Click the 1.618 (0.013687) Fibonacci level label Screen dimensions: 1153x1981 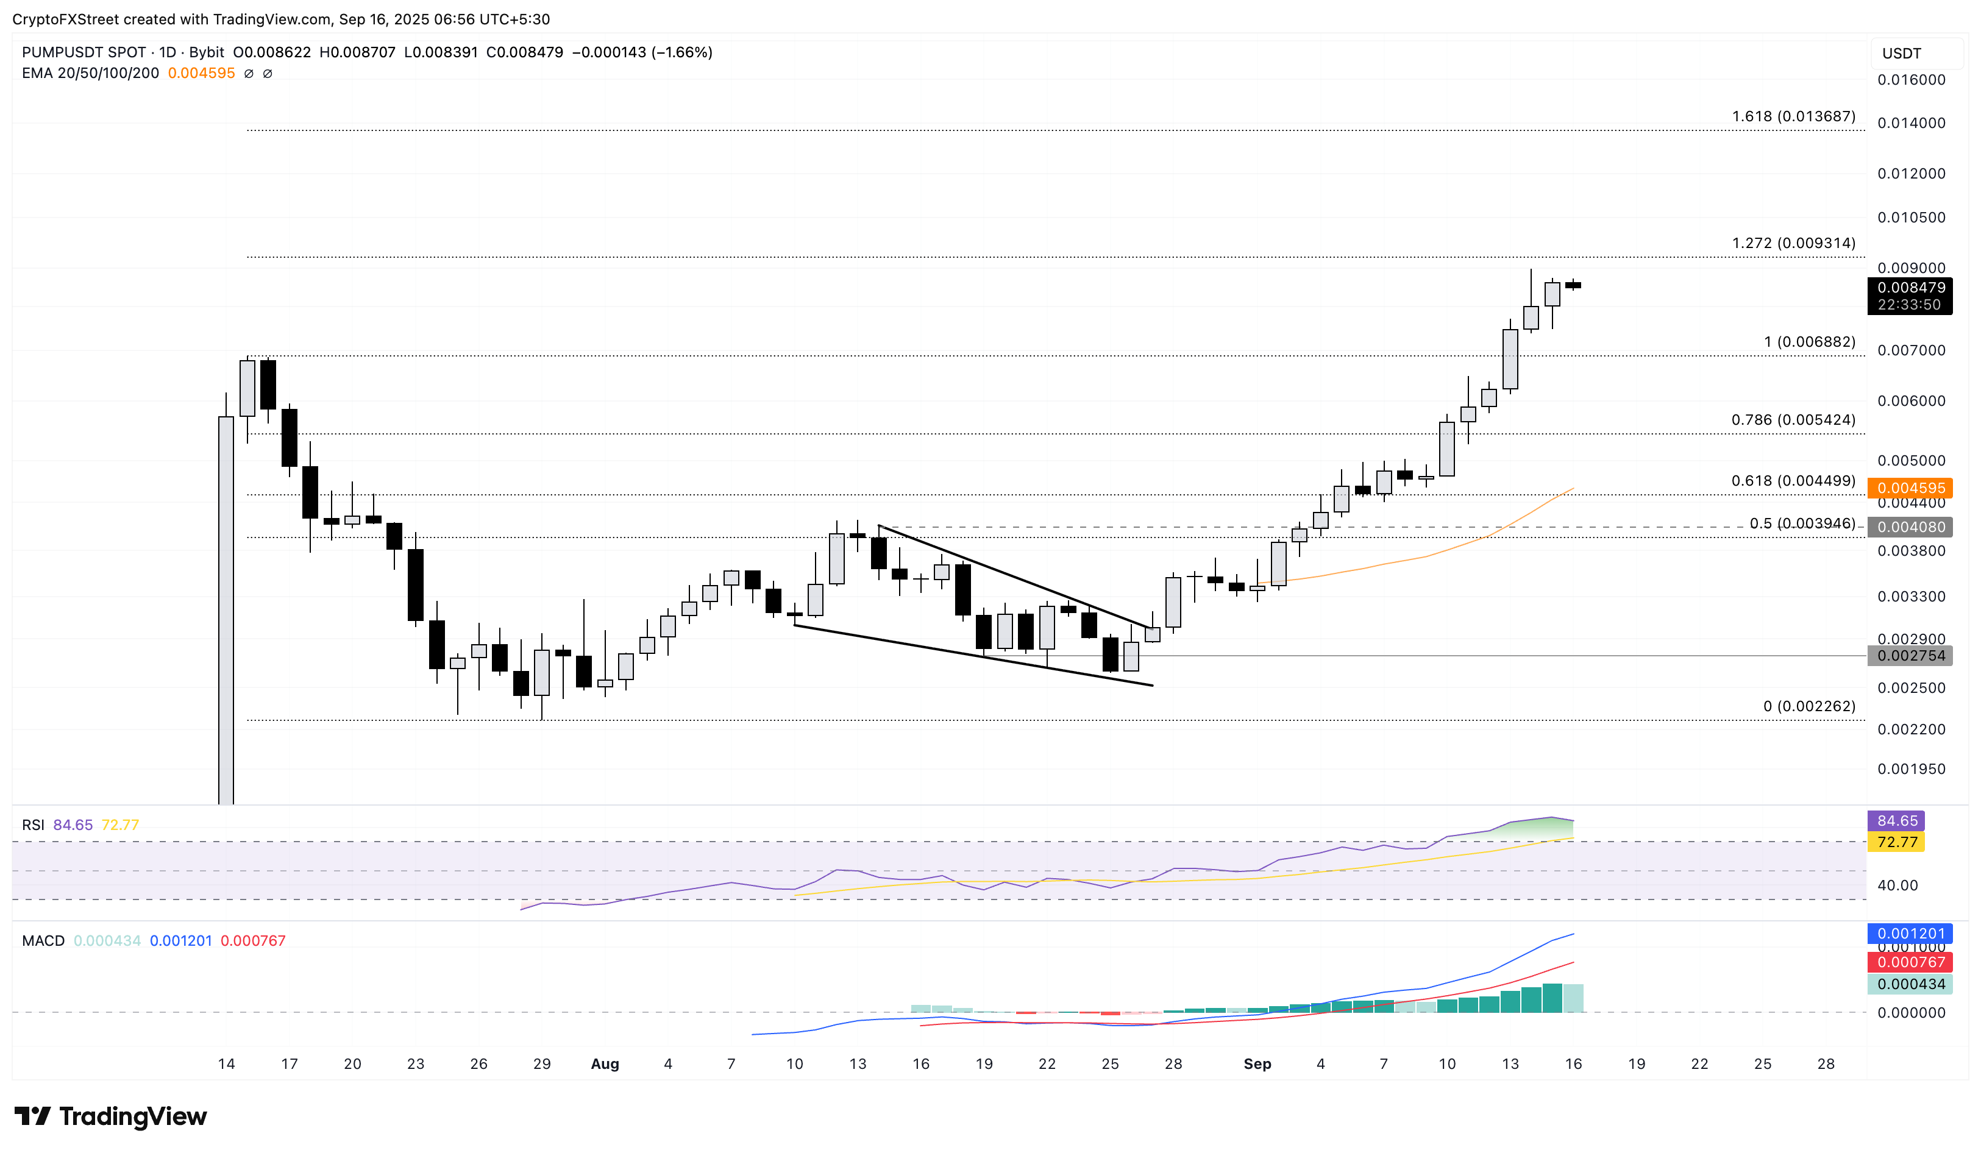click(x=1793, y=116)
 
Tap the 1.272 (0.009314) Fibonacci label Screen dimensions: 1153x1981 click(x=1793, y=243)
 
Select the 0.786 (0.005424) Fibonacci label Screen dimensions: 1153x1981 click(x=1793, y=420)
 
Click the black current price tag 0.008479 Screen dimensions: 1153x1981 click(x=1910, y=288)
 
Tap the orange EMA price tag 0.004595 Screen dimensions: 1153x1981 click(x=1910, y=488)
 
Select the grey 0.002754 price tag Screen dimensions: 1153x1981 click(x=1910, y=656)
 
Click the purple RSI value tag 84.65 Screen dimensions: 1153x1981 click(x=1896, y=820)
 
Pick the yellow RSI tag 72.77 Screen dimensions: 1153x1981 click(x=1896, y=842)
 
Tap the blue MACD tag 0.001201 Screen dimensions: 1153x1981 click(x=1910, y=934)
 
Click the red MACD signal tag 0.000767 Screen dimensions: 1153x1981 click(x=1910, y=962)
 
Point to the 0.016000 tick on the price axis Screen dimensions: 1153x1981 click(x=1911, y=79)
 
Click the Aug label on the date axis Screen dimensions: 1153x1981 click(x=605, y=1063)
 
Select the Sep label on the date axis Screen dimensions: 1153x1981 click(x=1257, y=1063)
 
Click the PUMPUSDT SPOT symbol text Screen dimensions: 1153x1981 click(x=84, y=52)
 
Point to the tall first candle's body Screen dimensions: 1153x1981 click(x=226, y=605)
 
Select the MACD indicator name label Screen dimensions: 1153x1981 click(x=43, y=941)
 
